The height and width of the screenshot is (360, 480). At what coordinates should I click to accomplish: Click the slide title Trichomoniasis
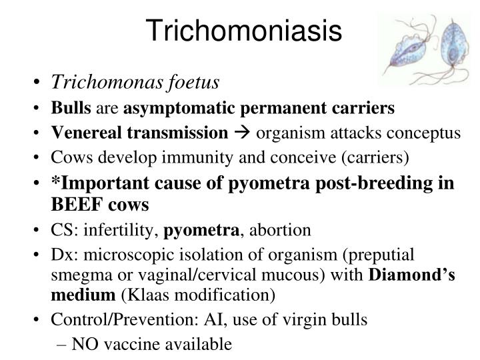tap(244, 31)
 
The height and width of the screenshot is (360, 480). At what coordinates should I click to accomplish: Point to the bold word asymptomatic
tap(167, 107)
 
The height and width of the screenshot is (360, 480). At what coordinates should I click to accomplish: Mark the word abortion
tap(279, 230)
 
